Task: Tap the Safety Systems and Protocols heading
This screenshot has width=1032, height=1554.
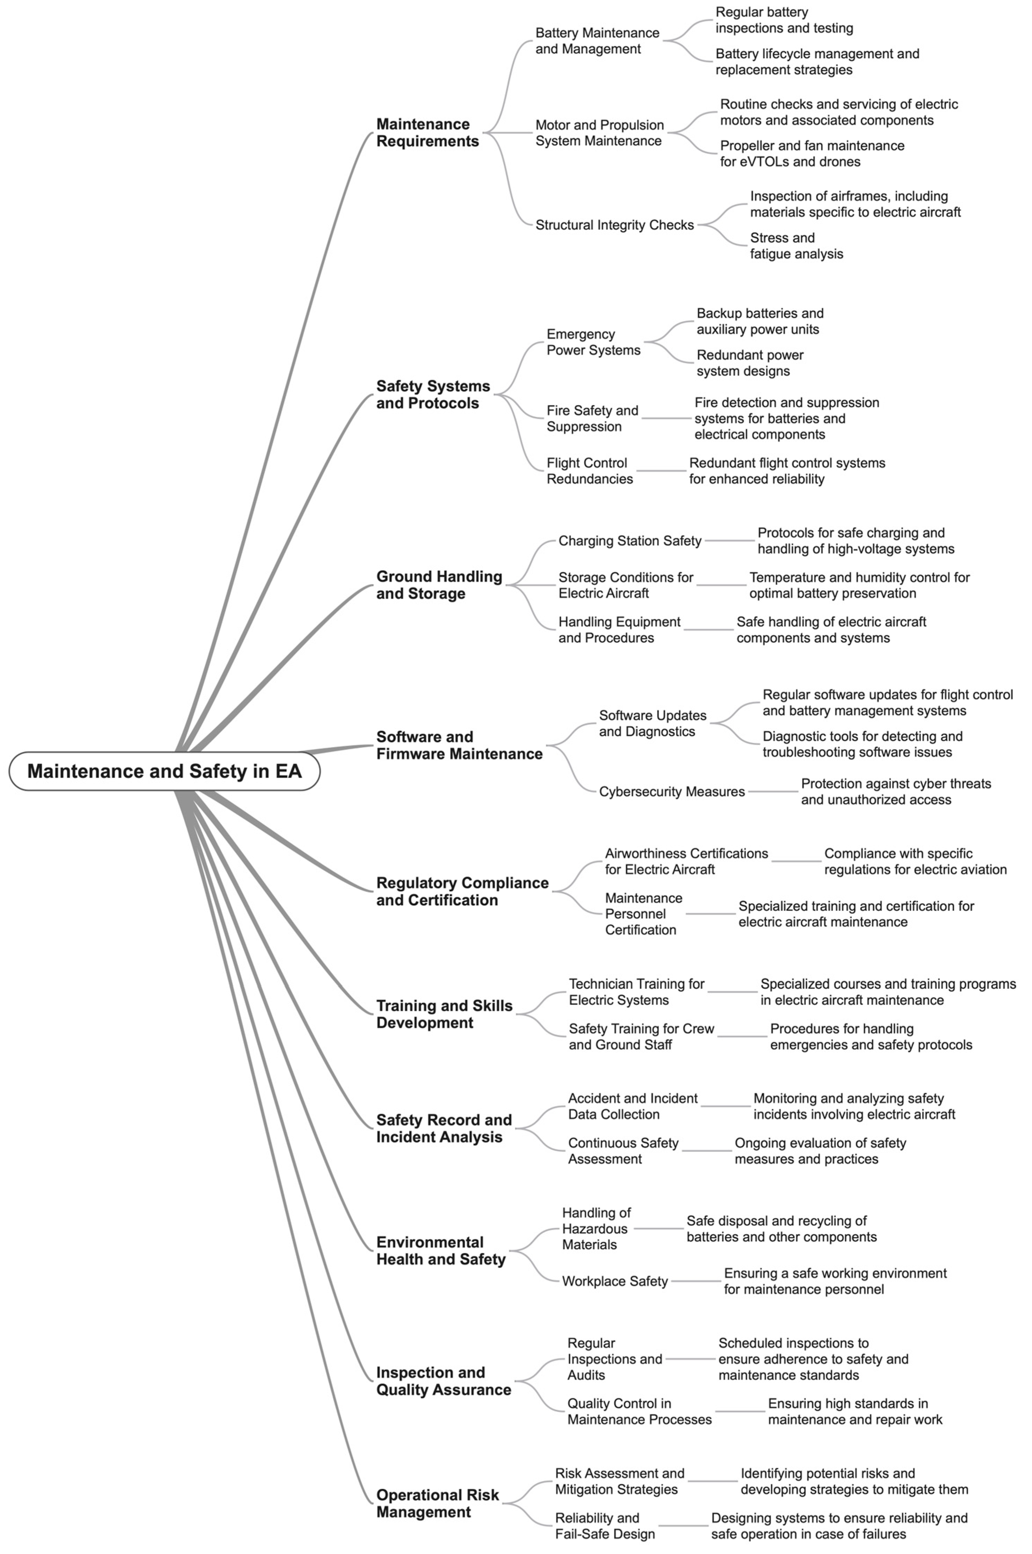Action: (433, 394)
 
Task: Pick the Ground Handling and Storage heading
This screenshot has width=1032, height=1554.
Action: (439, 584)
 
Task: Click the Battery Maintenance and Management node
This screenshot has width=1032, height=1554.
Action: (597, 41)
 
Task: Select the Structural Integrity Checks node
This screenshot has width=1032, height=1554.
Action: (614, 225)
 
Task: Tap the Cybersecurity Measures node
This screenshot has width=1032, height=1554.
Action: (671, 792)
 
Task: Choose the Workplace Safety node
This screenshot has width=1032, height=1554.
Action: (615, 1281)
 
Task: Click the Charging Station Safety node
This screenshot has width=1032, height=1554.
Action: (630, 541)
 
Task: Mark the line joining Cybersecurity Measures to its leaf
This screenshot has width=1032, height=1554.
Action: (773, 792)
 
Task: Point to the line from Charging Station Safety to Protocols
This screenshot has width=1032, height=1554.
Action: (729, 541)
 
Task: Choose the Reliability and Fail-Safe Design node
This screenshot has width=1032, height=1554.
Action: (605, 1526)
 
